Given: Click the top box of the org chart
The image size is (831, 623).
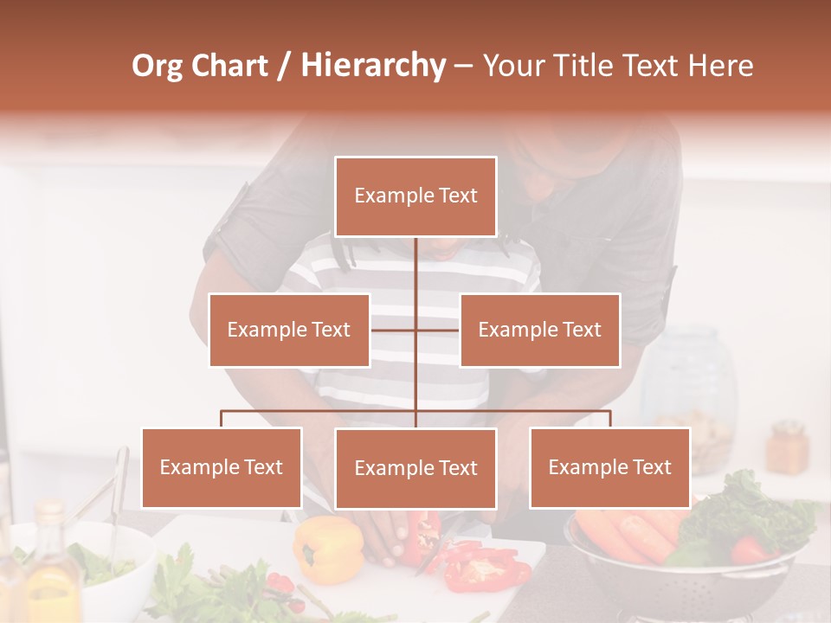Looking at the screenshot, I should (415, 196).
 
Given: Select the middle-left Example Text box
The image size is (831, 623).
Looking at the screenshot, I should (289, 330).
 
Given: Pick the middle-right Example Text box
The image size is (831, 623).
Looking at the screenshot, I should (539, 330).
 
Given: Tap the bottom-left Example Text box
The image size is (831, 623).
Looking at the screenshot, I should (222, 467).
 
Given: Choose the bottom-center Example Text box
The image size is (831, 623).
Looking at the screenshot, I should (415, 468).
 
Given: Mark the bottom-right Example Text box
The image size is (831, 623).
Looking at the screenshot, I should (609, 467).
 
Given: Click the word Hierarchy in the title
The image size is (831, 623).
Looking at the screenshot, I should (373, 66).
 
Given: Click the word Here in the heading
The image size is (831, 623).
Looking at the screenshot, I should (720, 66).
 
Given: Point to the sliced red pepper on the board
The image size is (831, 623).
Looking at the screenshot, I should (485, 567).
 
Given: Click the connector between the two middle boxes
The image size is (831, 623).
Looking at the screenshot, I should (415, 330).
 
